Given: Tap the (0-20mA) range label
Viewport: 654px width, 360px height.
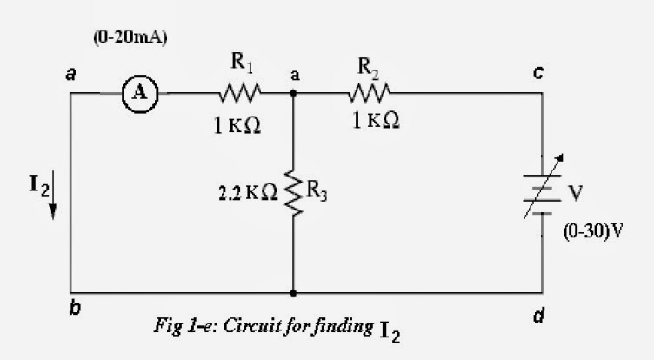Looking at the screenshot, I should coord(130,39).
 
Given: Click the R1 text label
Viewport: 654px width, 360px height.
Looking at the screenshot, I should coord(240,63).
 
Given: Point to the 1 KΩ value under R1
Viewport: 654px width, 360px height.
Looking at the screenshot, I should coord(237,125).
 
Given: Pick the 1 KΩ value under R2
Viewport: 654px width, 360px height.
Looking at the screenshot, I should coord(376,123).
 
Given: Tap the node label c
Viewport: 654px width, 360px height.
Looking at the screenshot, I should coord(539,75).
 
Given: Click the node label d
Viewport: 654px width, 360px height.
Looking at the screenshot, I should coord(540,317).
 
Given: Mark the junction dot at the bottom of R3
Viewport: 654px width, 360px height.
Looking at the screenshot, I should coord(293,293).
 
